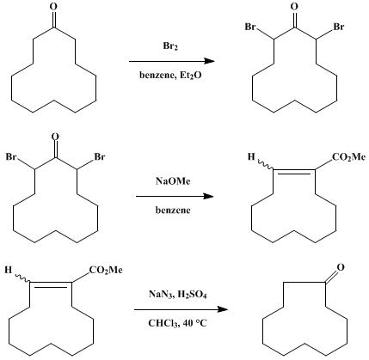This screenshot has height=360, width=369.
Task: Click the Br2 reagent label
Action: (x=170, y=46)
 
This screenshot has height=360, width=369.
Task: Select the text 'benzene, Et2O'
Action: (x=170, y=76)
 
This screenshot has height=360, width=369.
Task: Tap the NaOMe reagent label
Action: (x=173, y=181)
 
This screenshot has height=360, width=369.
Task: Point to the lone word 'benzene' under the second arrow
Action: (x=173, y=210)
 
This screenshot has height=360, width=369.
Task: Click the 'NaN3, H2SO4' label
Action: (x=177, y=295)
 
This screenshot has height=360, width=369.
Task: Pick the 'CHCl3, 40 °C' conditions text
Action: (x=177, y=323)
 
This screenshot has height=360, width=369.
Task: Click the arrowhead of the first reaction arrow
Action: (x=209, y=61)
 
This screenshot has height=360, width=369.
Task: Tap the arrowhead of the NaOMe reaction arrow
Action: (x=208, y=196)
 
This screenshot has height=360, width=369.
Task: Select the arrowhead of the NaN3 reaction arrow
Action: (x=222, y=309)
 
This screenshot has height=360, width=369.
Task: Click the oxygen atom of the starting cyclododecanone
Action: (x=53, y=7)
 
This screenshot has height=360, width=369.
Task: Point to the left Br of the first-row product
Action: (x=250, y=27)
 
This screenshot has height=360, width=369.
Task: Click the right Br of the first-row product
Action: (x=339, y=27)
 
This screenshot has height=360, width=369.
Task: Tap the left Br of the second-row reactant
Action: (x=11, y=157)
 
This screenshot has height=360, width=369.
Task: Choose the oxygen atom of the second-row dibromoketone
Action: (x=55, y=137)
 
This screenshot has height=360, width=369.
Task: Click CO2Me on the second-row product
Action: (x=348, y=157)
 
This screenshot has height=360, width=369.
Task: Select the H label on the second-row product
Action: (x=251, y=157)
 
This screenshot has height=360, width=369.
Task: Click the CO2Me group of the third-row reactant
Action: (x=106, y=271)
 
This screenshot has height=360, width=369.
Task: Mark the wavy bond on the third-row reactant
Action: (x=22, y=278)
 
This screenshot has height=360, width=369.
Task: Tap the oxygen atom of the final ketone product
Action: (x=340, y=267)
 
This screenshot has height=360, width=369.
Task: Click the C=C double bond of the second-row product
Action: (x=294, y=171)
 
